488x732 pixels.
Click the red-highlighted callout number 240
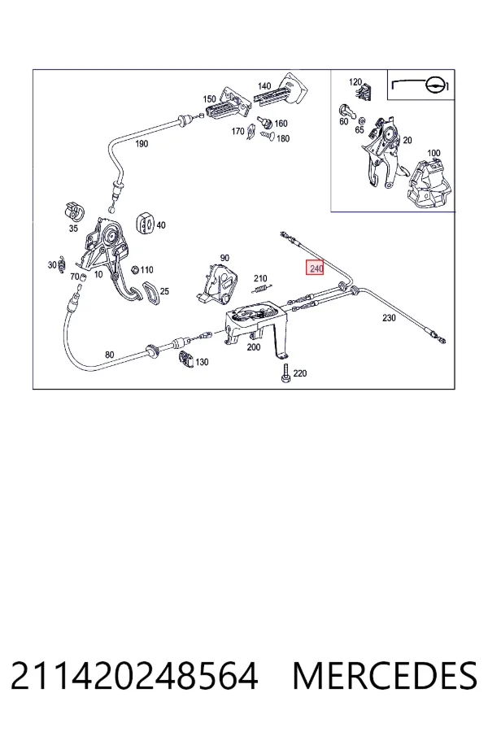(x=316, y=268)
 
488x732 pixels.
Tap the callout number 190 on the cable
(x=142, y=144)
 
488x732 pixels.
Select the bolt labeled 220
(x=285, y=374)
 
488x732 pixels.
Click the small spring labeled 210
(x=262, y=288)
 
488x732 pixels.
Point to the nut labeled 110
(x=134, y=270)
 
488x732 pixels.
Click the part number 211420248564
(x=134, y=676)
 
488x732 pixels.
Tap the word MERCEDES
(x=385, y=676)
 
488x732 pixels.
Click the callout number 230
(x=389, y=318)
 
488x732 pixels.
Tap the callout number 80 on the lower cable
(x=109, y=355)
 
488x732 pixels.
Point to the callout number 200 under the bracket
(x=254, y=347)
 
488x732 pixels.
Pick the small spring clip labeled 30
(x=62, y=264)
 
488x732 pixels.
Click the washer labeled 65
(x=361, y=120)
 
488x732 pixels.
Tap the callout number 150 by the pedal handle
(x=209, y=98)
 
